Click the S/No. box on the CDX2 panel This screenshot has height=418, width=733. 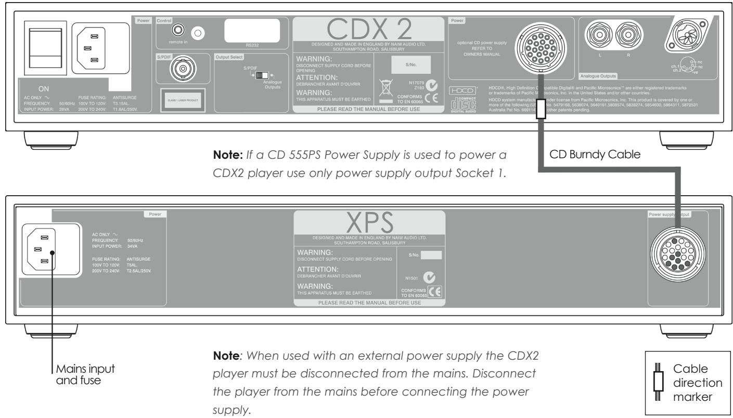click(x=411, y=65)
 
